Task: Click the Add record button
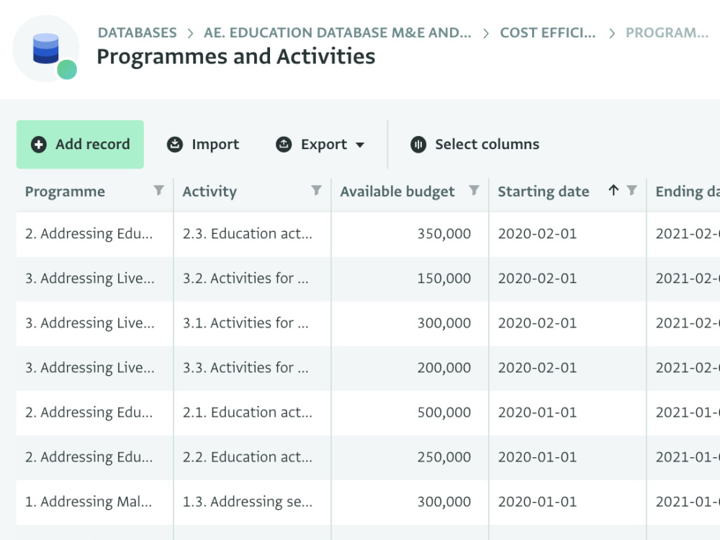pyautogui.click(x=80, y=144)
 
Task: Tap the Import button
pyautogui.click(x=202, y=144)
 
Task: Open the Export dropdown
pyautogui.click(x=320, y=144)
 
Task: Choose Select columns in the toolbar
pyautogui.click(x=474, y=144)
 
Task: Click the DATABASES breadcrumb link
pyautogui.click(x=138, y=32)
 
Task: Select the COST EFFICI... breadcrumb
pyautogui.click(x=548, y=32)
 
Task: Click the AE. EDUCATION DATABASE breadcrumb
pyautogui.click(x=338, y=32)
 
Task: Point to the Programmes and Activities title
pyautogui.click(x=236, y=56)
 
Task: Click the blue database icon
pyautogui.click(x=46, y=48)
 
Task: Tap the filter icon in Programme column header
pyautogui.click(x=158, y=190)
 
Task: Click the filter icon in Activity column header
pyautogui.click(x=316, y=190)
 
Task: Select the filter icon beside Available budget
pyautogui.click(x=474, y=190)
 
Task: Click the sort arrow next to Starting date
pyautogui.click(x=613, y=189)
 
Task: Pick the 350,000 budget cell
pyautogui.click(x=410, y=234)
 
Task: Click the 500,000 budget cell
pyautogui.click(x=410, y=413)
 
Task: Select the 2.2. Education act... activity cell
pyautogui.click(x=252, y=457)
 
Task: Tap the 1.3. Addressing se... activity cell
pyautogui.click(x=252, y=501)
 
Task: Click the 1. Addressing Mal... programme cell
pyautogui.click(x=94, y=501)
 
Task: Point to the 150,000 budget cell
pyautogui.click(x=410, y=278)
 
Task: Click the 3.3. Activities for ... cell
pyautogui.click(x=252, y=367)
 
